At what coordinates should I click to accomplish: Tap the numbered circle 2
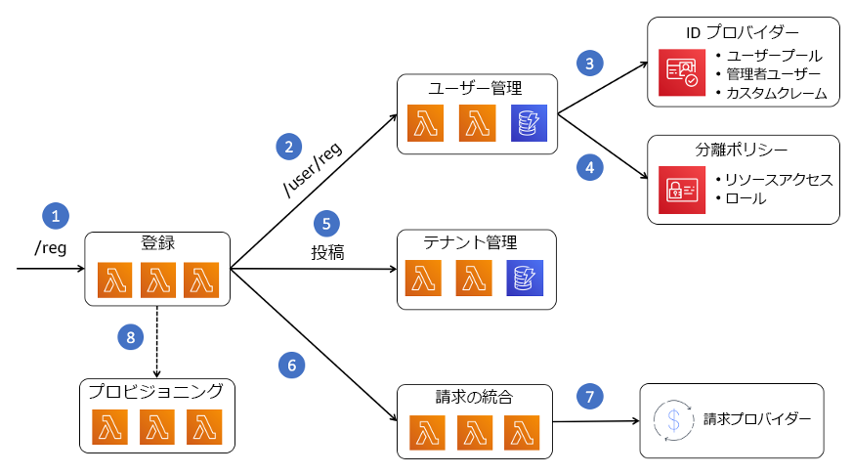coord(288,148)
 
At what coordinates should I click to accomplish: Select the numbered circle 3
coord(589,63)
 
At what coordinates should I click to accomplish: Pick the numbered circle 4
coord(589,168)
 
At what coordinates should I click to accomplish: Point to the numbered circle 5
coord(327,221)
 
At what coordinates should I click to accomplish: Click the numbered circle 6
coord(290,365)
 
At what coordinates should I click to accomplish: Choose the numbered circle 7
coord(589,396)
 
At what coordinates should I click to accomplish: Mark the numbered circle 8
coord(130,337)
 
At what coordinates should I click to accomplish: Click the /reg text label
coord(51,247)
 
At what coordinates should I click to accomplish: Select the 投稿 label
coord(327,252)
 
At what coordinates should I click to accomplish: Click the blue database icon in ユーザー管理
coord(529,124)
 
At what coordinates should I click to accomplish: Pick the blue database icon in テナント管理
coord(525,279)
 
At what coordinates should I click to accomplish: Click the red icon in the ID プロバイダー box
coord(680,72)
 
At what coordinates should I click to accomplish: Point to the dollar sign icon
coord(672,420)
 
